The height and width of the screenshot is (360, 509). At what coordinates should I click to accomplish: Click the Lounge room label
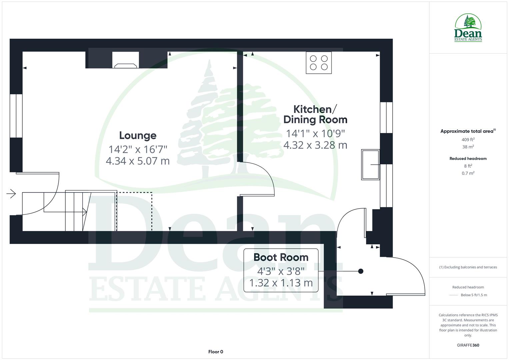point(138,135)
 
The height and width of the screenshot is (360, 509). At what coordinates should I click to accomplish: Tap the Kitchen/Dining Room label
point(315,114)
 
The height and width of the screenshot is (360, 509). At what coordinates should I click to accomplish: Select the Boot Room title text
point(281,257)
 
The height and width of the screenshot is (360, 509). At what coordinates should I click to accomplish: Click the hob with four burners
point(319,63)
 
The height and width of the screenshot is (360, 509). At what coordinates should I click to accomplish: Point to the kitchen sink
point(370,165)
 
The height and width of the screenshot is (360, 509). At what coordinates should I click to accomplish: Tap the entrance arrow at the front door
point(11,193)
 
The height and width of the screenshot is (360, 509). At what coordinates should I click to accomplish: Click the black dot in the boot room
point(360,271)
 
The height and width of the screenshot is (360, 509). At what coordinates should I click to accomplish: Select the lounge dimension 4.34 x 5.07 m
point(138,161)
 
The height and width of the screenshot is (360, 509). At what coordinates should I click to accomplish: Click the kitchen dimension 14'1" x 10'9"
point(315,133)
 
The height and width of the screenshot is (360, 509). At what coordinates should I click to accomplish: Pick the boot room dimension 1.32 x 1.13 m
point(281,283)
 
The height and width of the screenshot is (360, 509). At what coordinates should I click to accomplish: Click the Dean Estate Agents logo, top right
point(468,28)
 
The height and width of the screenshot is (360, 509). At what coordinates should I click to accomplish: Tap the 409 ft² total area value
point(468,140)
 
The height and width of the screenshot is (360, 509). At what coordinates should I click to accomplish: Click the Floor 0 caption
point(215,352)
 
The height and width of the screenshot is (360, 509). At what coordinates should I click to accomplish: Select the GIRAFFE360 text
point(468,345)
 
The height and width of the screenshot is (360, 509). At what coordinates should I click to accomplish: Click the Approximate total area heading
point(468,131)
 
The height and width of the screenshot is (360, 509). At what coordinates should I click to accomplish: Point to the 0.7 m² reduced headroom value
point(468,173)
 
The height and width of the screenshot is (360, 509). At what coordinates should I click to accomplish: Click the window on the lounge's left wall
point(16,116)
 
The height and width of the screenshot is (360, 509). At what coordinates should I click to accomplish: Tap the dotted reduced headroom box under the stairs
point(134,211)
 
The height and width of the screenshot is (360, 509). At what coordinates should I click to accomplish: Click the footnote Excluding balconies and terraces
point(468,267)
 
